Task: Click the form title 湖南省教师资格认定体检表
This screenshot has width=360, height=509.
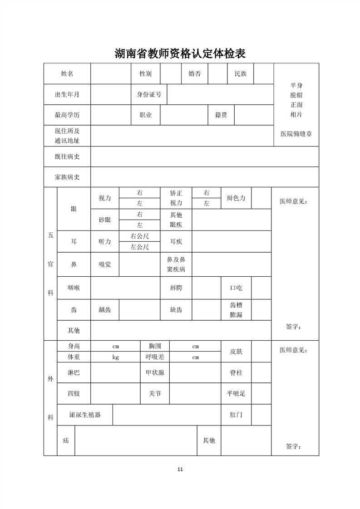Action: (x=180, y=54)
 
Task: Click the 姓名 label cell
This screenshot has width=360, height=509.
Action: (x=67, y=74)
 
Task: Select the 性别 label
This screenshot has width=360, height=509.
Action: (x=145, y=74)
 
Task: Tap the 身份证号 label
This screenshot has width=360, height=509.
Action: (x=149, y=95)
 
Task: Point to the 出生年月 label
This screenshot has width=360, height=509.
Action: (x=67, y=95)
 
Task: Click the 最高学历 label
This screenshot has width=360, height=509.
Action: (x=67, y=115)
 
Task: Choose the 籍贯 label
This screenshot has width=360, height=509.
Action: (x=221, y=115)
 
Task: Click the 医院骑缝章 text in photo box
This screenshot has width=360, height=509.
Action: (x=296, y=134)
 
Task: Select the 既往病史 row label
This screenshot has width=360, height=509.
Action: (x=67, y=157)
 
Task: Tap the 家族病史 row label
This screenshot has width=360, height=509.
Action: (x=67, y=177)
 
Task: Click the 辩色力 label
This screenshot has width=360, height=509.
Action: (x=236, y=198)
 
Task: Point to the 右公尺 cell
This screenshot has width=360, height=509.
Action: (x=139, y=236)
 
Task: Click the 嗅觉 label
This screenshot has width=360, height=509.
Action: (x=105, y=264)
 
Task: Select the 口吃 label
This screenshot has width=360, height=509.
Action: (x=236, y=288)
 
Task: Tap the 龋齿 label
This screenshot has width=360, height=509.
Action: (x=105, y=310)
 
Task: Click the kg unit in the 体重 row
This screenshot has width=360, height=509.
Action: (x=115, y=357)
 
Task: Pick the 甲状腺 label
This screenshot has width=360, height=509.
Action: (x=155, y=373)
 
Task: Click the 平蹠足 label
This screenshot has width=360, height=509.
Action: (x=236, y=394)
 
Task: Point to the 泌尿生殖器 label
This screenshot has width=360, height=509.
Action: (x=85, y=415)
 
